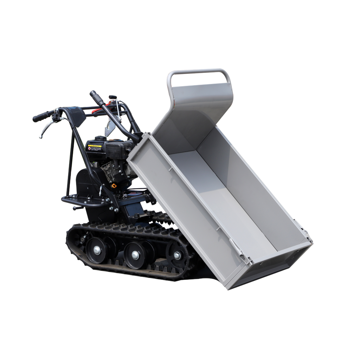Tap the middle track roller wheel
pyautogui.click(x=134, y=253)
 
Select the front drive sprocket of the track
pyautogui.click(x=177, y=254)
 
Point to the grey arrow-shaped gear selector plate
pyautogui.click(x=110, y=123)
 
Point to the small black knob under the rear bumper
pyautogui.click(x=75, y=208)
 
